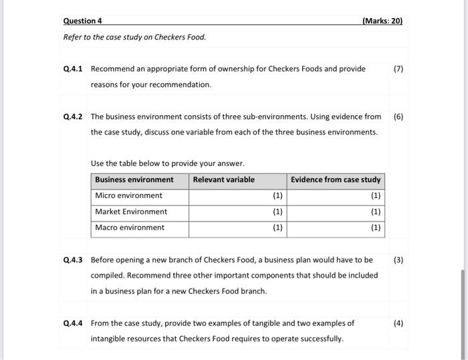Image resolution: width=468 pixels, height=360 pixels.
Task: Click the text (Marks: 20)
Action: [x=382, y=21]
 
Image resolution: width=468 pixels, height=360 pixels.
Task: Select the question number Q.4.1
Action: [x=72, y=69]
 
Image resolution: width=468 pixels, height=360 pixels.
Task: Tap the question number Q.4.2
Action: [x=72, y=116]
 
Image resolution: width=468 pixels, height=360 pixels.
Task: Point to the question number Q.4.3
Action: [x=72, y=260]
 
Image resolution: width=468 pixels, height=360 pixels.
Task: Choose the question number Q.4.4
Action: [x=72, y=323]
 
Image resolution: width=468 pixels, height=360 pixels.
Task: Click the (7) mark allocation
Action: [x=398, y=69]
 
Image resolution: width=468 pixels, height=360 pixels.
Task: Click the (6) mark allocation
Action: [x=398, y=116]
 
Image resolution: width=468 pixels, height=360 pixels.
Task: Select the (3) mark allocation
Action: [x=398, y=260]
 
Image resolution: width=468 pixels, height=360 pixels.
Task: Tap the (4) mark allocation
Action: [x=398, y=323]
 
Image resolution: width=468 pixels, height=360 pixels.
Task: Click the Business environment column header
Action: [x=134, y=179]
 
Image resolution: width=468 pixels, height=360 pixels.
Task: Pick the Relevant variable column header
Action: [x=223, y=179]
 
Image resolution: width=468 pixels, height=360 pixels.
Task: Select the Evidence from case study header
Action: [x=336, y=179]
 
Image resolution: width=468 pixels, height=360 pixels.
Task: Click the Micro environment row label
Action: [x=128, y=195]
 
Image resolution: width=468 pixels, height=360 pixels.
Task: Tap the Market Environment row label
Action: [x=131, y=211]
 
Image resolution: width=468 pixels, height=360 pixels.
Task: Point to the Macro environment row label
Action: [x=129, y=228]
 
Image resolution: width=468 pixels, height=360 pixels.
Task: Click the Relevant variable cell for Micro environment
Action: [x=237, y=195]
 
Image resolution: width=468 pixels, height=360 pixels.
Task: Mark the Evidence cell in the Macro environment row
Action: [x=336, y=228]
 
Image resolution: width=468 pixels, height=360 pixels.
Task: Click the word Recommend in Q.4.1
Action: [x=110, y=69]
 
